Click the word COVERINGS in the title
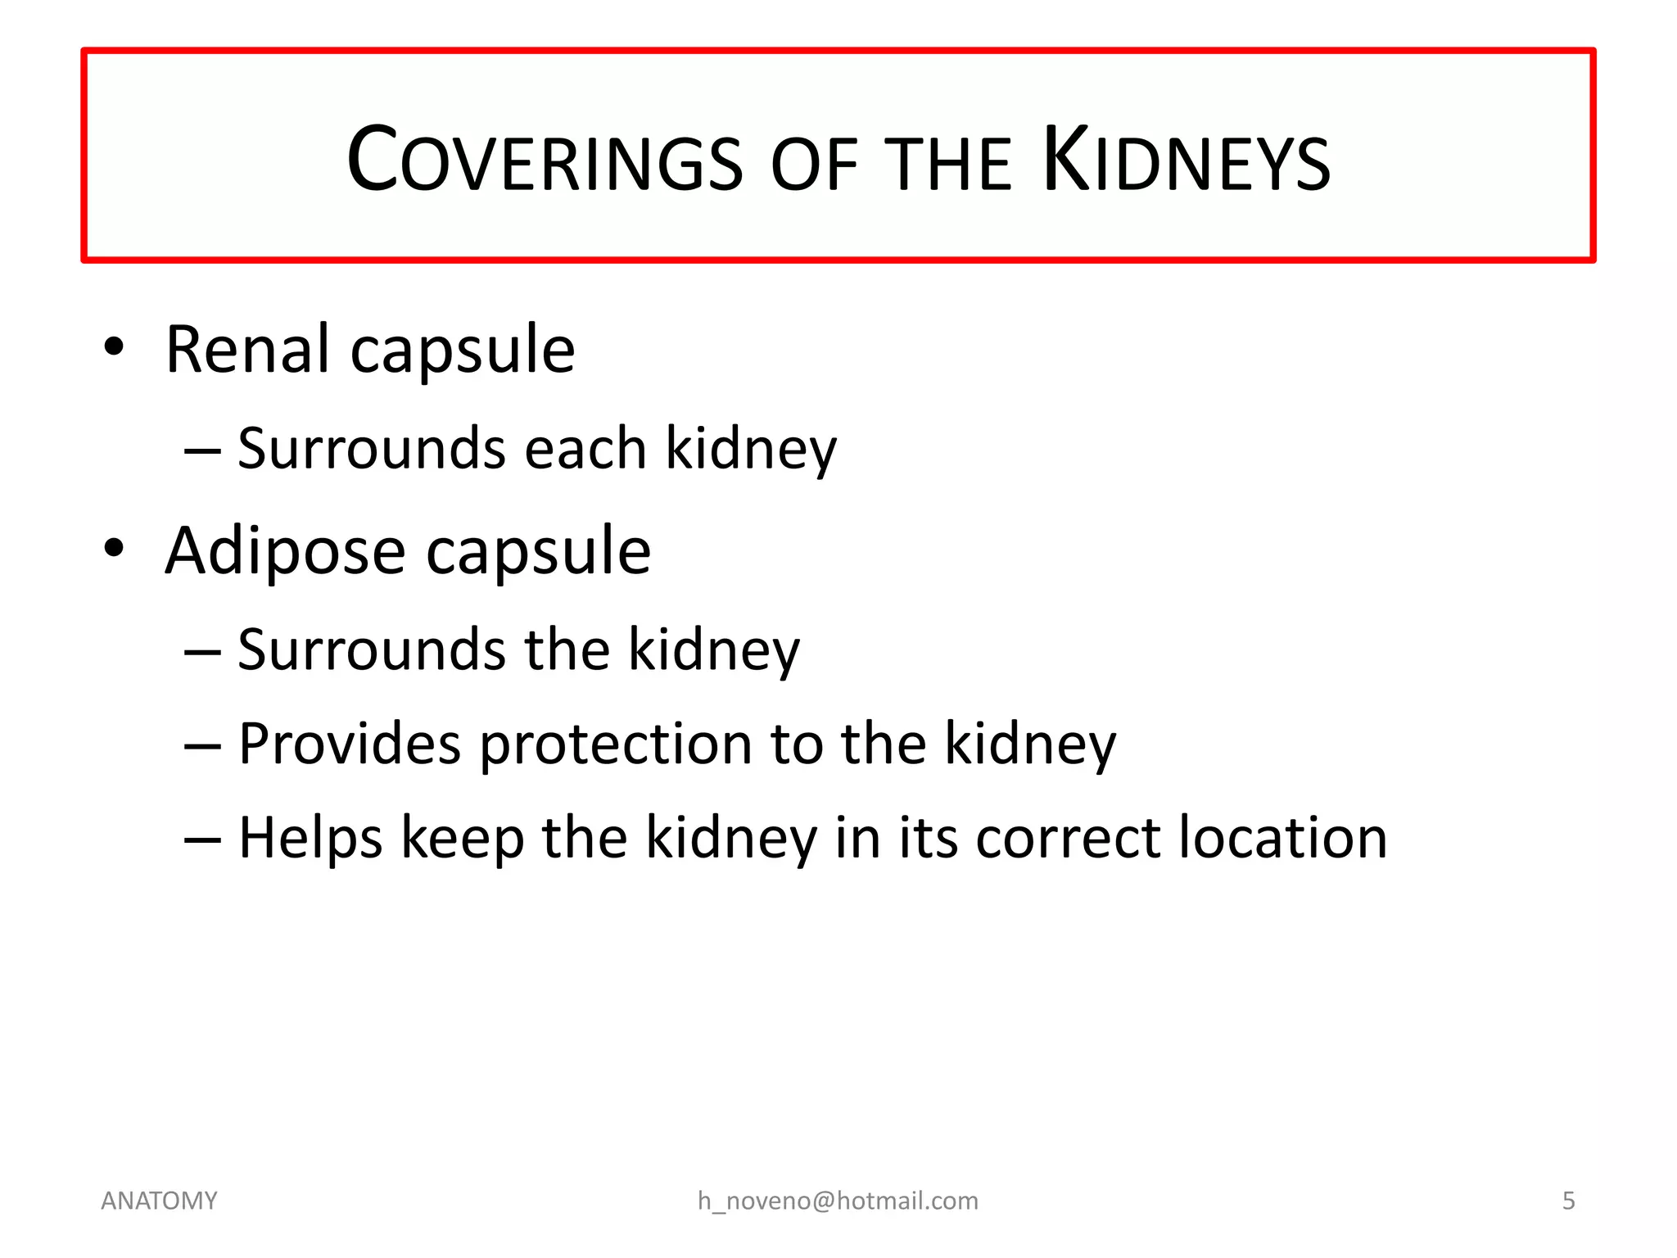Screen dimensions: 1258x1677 pyautogui.click(x=545, y=161)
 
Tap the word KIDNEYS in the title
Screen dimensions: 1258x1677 pyautogui.click(x=1187, y=161)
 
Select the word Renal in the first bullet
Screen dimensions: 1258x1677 pyautogui.click(x=247, y=350)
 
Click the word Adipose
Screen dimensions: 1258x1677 pyautogui.click(x=285, y=552)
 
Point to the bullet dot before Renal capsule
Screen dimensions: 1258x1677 pyautogui.click(x=114, y=346)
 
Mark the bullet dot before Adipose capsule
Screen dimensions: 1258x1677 pyautogui.click(x=114, y=548)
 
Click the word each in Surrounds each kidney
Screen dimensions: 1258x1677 pyautogui.click(x=585, y=449)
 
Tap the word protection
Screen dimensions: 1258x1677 pyautogui.click(x=615, y=745)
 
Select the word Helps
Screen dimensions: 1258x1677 pyautogui.click(x=310, y=839)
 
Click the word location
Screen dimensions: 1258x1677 pyautogui.click(x=1282, y=838)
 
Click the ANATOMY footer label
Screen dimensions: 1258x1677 pyautogui.click(x=159, y=1201)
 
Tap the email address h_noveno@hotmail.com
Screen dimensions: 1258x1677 pyautogui.click(x=838, y=1201)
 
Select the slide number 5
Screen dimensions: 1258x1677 pyautogui.click(x=1568, y=1201)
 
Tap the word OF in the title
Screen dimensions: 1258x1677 pyautogui.click(x=814, y=165)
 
